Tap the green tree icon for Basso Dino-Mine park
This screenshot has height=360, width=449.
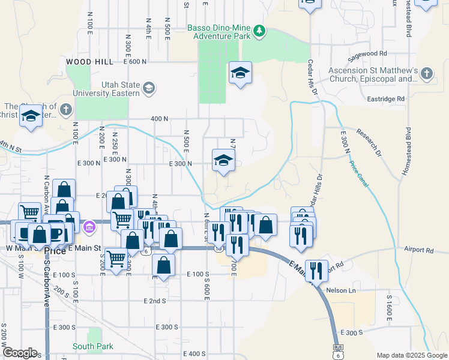pyautogui.click(x=259, y=30)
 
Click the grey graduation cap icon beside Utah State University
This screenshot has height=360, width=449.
pyautogui.click(x=148, y=89)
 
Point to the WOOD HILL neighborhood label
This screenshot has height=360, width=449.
pyautogui.click(x=89, y=62)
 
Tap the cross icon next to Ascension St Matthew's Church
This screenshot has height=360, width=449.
pyautogui.click(x=426, y=73)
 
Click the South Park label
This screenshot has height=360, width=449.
pyautogui.click(x=93, y=346)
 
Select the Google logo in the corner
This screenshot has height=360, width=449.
pyautogui.click(x=20, y=352)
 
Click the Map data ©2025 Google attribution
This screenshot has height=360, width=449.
pyautogui.click(x=411, y=355)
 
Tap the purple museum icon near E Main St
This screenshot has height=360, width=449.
pyautogui.click(x=89, y=227)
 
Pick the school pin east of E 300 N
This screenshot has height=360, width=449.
pyautogui.click(x=223, y=161)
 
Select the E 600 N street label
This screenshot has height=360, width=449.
pyautogui.click(x=135, y=61)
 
